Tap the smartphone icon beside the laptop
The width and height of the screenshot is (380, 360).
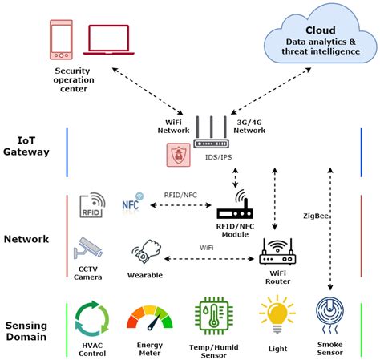pos(61,41)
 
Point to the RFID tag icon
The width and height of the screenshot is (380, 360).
pos(92,206)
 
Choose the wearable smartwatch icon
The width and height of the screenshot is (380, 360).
pos(144,255)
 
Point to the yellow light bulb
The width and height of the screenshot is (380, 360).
pos(276,313)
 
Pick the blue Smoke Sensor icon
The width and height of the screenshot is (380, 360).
pos(330,315)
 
